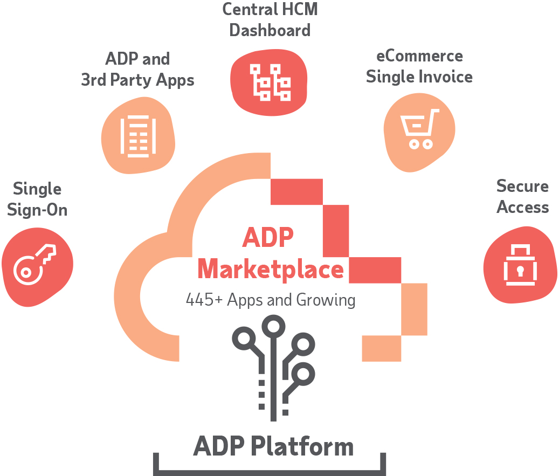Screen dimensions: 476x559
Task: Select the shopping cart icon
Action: click(418, 128)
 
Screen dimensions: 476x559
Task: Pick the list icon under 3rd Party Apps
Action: click(138, 136)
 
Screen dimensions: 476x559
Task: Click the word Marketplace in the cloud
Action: click(270, 268)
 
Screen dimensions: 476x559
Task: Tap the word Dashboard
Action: click(270, 30)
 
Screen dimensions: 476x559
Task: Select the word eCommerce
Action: click(419, 56)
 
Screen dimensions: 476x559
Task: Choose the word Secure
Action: click(522, 186)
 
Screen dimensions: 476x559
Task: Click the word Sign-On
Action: click(37, 210)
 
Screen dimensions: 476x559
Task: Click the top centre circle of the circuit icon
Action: click(273, 326)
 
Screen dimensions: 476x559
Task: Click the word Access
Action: click(522, 207)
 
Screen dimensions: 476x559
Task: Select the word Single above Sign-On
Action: click(37, 189)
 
